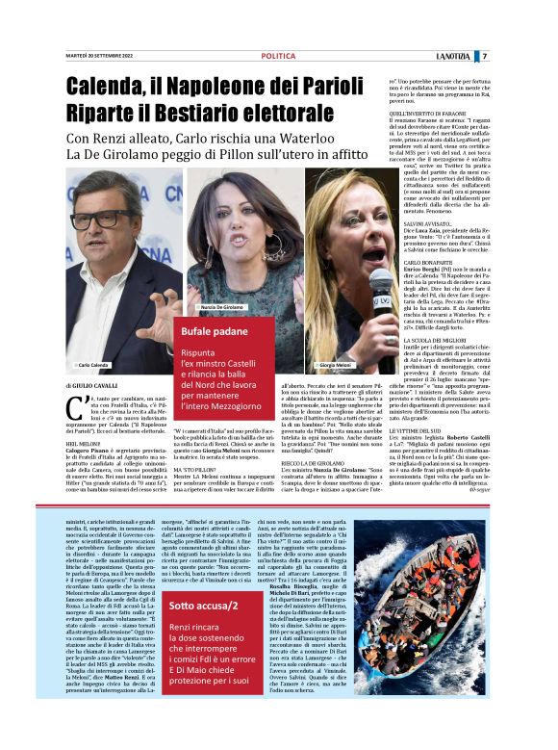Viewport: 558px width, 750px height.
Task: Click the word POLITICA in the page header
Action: coord(278,57)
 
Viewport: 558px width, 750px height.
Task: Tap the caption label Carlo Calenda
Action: coord(93,366)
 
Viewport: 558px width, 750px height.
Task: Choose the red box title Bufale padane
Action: coord(216,332)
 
